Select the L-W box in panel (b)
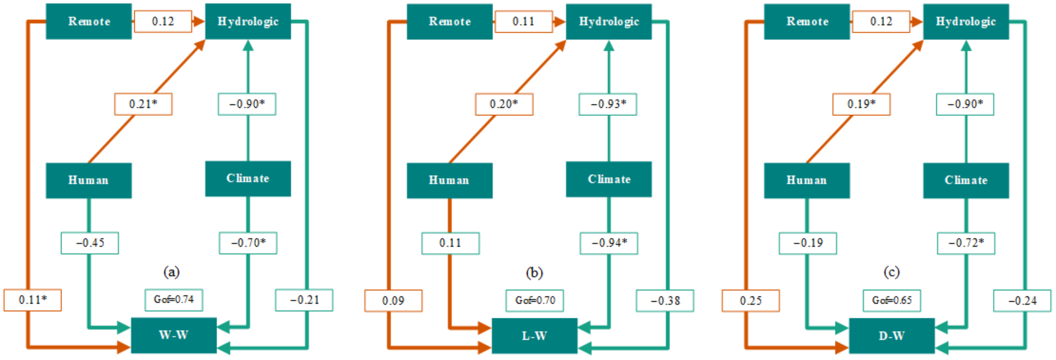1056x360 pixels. pyautogui.click(x=534, y=336)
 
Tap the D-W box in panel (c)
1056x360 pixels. pyautogui.click(x=892, y=336)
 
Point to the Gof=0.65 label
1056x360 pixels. pyautogui.click(x=892, y=300)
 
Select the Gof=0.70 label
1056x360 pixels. pyautogui.click(x=535, y=300)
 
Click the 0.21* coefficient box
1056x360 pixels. pyautogui.click(x=143, y=104)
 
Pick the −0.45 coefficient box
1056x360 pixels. pyautogui.click(x=90, y=243)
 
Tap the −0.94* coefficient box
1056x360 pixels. pyautogui.click(x=609, y=243)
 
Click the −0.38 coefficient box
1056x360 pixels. pyautogui.click(x=665, y=301)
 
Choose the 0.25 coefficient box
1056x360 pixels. pyautogui.click(x=750, y=301)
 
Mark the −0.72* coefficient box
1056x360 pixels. pyautogui.click(x=966, y=243)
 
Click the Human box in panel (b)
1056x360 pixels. pyautogui.click(x=449, y=180)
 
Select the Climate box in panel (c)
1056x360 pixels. pyautogui.click(x=966, y=180)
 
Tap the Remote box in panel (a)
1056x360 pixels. pyautogui.click(x=89, y=21)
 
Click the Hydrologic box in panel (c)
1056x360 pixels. pyautogui.click(x=966, y=21)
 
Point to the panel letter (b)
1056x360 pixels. pyautogui.click(x=534, y=272)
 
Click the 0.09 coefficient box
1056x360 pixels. pyautogui.click(x=393, y=301)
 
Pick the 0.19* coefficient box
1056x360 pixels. pyautogui.click(x=861, y=104)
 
